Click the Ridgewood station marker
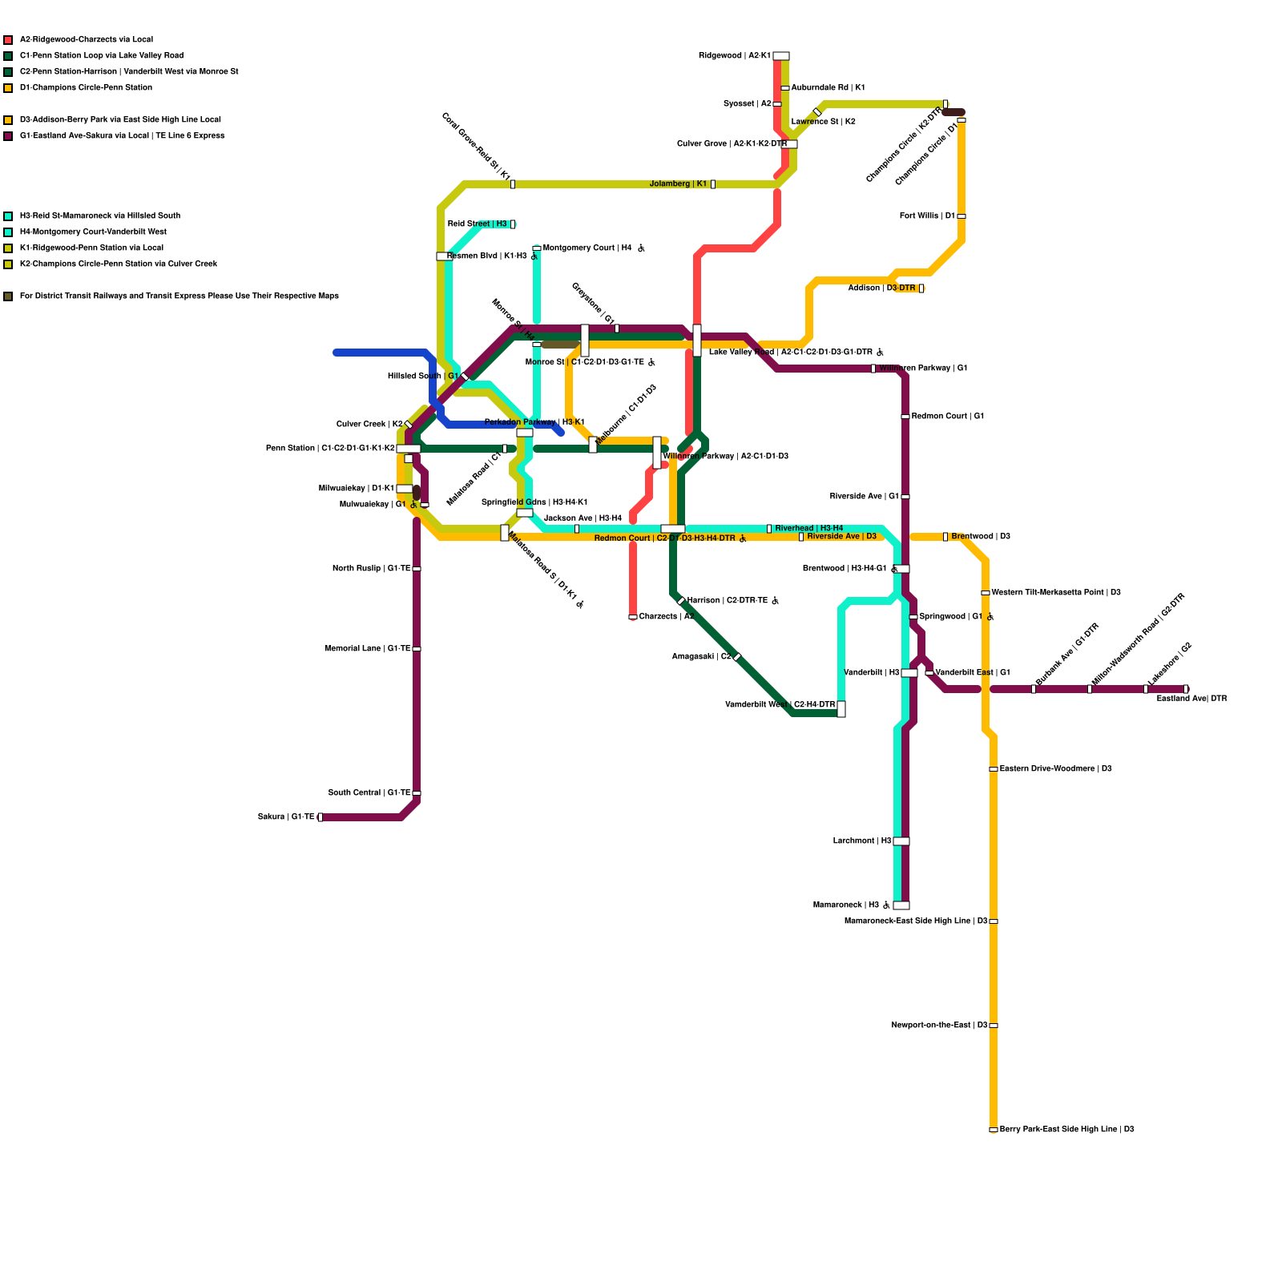(x=780, y=56)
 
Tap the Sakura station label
(x=286, y=817)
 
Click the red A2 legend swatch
(x=8, y=40)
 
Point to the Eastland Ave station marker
(x=1186, y=689)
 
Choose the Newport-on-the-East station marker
(x=994, y=1026)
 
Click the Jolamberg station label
(x=678, y=184)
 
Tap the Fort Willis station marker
(x=961, y=216)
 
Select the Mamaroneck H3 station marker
(x=901, y=905)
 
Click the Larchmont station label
(x=862, y=841)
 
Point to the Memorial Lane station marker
(x=417, y=649)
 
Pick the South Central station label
(x=369, y=793)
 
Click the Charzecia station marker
(x=633, y=617)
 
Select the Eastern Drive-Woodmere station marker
(x=994, y=769)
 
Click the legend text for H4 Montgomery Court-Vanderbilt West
(x=93, y=232)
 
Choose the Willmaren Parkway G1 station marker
(x=873, y=369)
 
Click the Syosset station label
(x=747, y=104)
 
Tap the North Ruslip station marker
(x=417, y=569)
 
